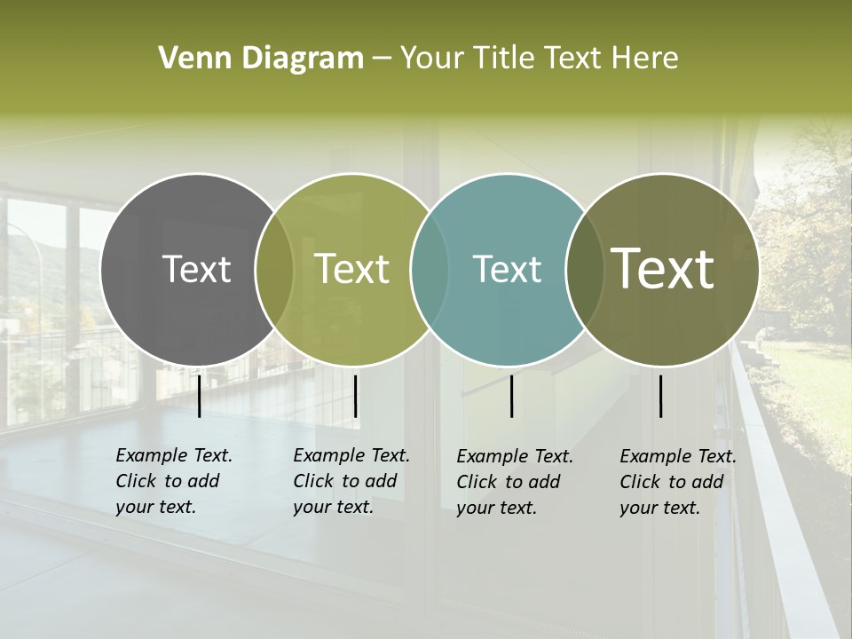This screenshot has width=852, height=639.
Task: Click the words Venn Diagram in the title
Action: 261,59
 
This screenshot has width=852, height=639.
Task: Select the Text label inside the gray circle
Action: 196,269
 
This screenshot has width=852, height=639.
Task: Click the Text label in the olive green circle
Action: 352,269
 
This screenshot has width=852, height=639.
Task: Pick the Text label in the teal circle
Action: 507,269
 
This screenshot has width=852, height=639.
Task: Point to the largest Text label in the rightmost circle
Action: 663,269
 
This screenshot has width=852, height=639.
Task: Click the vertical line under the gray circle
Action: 199,396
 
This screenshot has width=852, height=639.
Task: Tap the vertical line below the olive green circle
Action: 355,396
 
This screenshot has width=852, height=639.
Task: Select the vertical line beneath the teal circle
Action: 511,396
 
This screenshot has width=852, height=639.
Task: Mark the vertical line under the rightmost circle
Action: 660,396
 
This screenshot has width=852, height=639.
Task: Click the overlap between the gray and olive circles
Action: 274,269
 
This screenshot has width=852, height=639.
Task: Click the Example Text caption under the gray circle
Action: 174,481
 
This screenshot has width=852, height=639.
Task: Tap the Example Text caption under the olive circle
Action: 351,481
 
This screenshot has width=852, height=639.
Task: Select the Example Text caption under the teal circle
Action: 515,482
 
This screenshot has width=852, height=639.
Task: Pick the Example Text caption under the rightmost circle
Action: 678,482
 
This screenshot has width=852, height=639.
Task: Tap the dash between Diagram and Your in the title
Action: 382,59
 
